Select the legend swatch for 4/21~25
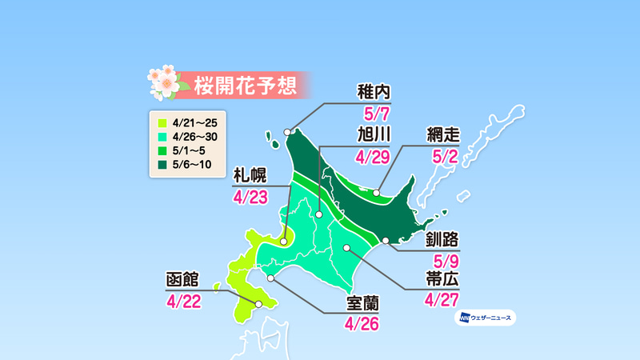coord(161,122)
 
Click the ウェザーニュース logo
coord(486,318)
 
